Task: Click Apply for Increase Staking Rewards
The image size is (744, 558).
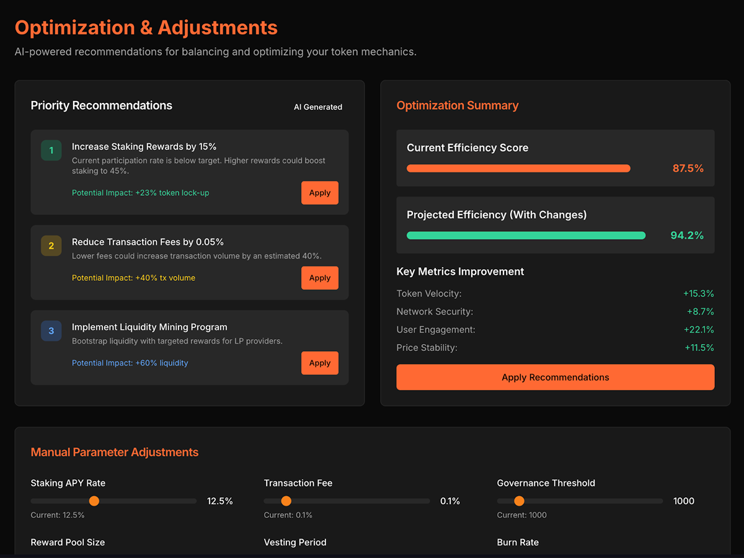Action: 320,193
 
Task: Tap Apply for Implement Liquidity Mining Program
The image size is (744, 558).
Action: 320,363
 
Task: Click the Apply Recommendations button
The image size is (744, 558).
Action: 555,377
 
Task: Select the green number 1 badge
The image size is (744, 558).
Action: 51,150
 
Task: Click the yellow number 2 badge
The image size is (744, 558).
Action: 51,246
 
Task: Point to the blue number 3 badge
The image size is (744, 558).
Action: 51,330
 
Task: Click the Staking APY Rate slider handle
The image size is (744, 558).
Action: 94,501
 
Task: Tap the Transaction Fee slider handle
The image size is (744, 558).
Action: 286,501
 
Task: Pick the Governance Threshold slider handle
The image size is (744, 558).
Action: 519,501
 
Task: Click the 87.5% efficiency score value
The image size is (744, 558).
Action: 688,169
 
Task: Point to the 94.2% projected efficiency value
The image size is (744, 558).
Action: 687,235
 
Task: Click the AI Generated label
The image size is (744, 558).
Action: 318,107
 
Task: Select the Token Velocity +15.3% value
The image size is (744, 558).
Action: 698,293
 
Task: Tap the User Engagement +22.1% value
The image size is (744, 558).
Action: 699,330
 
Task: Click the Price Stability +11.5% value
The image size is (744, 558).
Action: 699,348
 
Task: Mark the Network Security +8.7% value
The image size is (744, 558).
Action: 700,311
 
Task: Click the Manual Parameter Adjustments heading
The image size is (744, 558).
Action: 115,453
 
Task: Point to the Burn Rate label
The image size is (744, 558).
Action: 518,542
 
